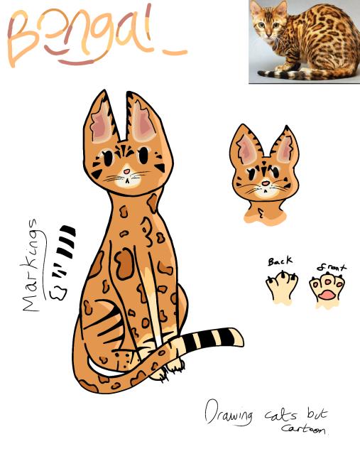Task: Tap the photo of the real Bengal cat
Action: point(303,42)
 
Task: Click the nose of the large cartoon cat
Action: point(126,171)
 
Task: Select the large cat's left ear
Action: point(101,121)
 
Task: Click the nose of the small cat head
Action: point(265,183)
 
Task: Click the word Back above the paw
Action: point(280,261)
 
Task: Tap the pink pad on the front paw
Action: point(327,293)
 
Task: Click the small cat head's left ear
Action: point(246,146)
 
